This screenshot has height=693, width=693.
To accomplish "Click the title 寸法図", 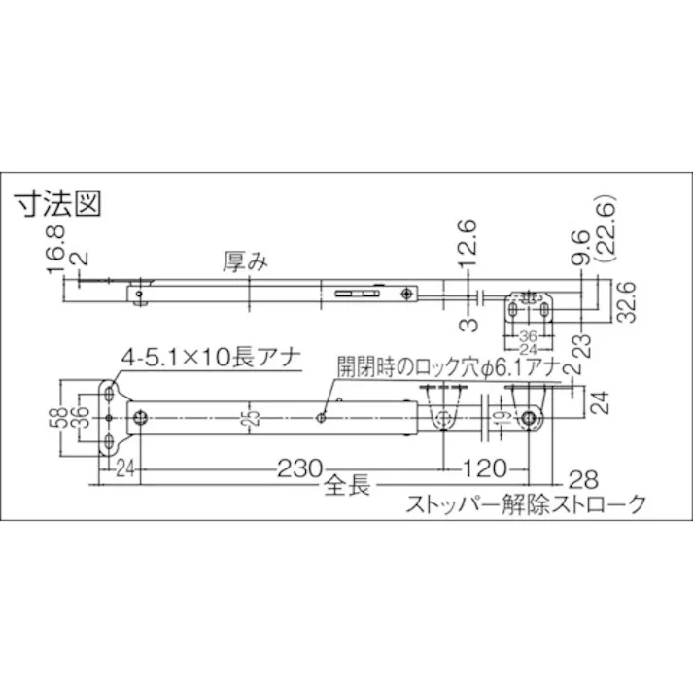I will pos(57,204).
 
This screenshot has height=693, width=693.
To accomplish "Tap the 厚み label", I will pos(244,260).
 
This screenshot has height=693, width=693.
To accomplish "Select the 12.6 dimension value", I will pos(468,241).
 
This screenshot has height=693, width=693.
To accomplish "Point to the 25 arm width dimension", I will pos(251,417).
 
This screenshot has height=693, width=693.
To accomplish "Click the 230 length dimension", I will pos(292,468).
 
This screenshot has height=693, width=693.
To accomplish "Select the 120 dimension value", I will pos(485,468).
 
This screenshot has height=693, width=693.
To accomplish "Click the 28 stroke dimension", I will pos(581,479).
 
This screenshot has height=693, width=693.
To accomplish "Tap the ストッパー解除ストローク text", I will pos(524,504).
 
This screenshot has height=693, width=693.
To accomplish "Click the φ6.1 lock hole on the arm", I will pos(321,416).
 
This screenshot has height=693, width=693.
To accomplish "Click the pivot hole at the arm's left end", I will pos(142,418).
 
